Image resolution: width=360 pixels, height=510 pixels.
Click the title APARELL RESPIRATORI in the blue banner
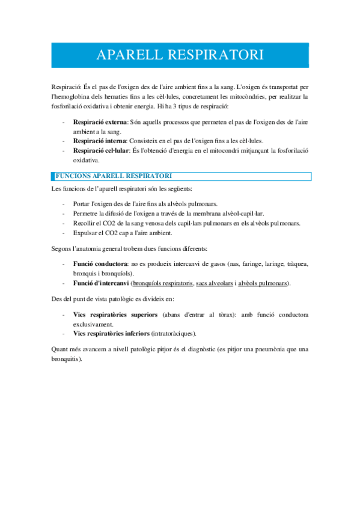click(180, 55)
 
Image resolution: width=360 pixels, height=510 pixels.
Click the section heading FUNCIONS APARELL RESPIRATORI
click(114, 176)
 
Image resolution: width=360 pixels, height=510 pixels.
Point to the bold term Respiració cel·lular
click(103, 150)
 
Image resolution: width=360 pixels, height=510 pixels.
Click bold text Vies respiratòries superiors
click(115, 315)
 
